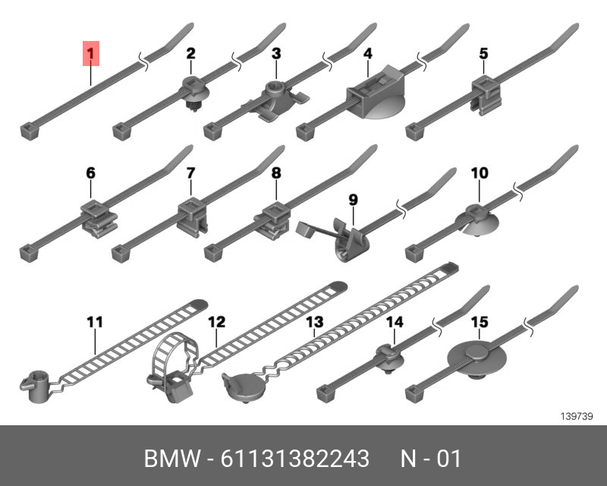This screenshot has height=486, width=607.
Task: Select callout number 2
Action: (190, 53)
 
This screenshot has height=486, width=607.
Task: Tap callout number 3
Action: (276, 53)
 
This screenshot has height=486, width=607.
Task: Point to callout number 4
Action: (367, 53)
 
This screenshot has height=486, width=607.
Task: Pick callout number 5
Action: (483, 53)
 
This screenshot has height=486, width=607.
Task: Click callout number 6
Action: (90, 174)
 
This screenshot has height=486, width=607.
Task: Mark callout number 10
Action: (480, 174)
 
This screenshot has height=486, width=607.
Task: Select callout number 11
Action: (94, 323)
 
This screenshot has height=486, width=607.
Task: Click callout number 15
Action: (480, 323)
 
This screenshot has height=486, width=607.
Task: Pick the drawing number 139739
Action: (576, 416)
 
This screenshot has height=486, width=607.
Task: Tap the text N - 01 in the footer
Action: (430, 459)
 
